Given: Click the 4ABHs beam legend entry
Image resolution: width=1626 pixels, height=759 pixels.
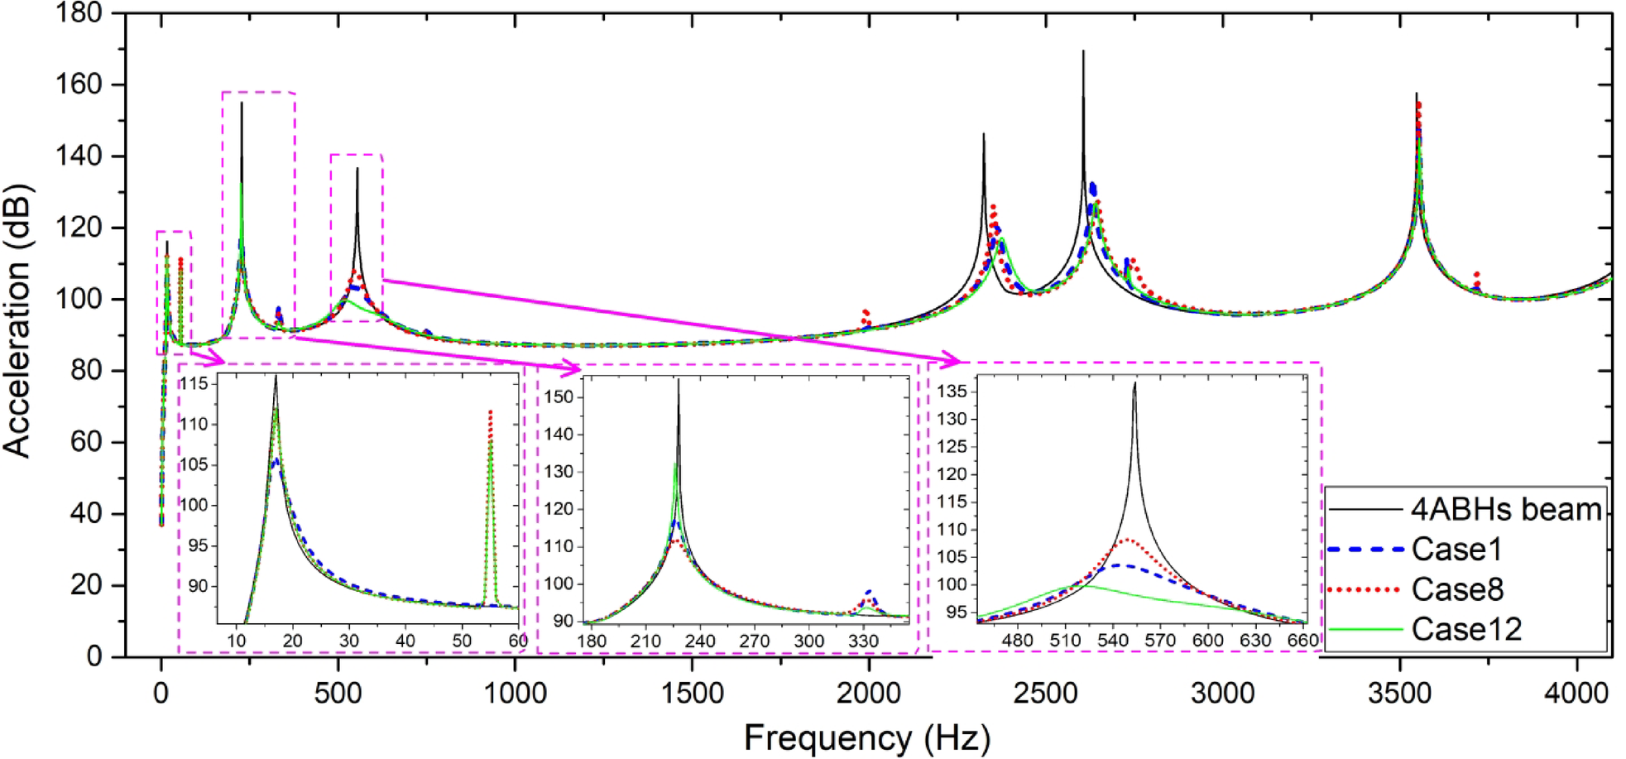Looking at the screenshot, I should click(1506, 509).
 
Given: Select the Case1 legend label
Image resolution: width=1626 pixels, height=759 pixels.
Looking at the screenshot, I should click(1456, 550).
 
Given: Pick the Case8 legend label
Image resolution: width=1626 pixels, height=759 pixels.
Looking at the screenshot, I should click(1457, 589).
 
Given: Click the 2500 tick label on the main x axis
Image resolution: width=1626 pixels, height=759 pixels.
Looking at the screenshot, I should click(1045, 693).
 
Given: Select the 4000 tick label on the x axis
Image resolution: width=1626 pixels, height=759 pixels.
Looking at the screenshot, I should click(1576, 693).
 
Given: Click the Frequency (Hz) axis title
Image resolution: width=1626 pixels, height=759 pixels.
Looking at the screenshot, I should click(866, 737).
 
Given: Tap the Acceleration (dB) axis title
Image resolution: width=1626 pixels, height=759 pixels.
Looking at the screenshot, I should click(18, 321).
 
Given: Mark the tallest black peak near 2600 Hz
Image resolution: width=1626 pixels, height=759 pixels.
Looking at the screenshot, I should click(1083, 52).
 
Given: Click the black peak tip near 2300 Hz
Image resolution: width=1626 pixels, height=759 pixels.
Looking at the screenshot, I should click(983, 134).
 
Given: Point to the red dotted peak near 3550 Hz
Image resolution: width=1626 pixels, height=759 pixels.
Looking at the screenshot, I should click(1418, 104).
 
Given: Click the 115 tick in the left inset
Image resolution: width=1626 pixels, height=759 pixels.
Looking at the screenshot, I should click(195, 383).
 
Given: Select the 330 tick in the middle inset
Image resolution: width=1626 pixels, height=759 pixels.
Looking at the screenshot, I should click(863, 641).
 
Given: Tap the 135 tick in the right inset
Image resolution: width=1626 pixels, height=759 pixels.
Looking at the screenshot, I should click(952, 391).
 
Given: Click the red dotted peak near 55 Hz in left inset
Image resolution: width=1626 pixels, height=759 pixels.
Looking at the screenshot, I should click(490, 411).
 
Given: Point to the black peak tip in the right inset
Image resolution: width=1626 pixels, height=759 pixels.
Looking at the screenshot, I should click(1134, 382).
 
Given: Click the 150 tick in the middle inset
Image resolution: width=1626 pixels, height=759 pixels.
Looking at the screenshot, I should click(559, 396).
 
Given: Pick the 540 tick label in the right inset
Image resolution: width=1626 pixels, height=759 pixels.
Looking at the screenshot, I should click(1112, 640).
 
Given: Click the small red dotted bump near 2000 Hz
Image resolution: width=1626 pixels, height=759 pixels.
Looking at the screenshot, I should click(866, 312).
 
